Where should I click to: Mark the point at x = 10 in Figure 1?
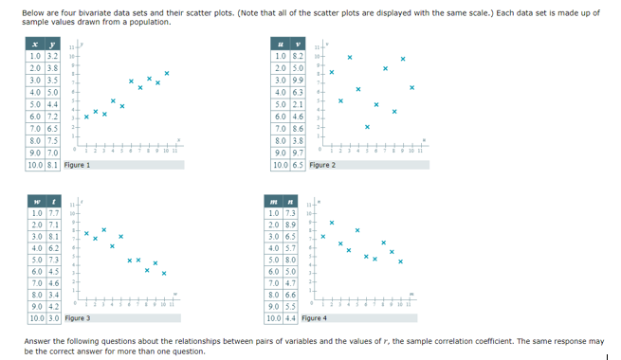coord(167,73)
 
